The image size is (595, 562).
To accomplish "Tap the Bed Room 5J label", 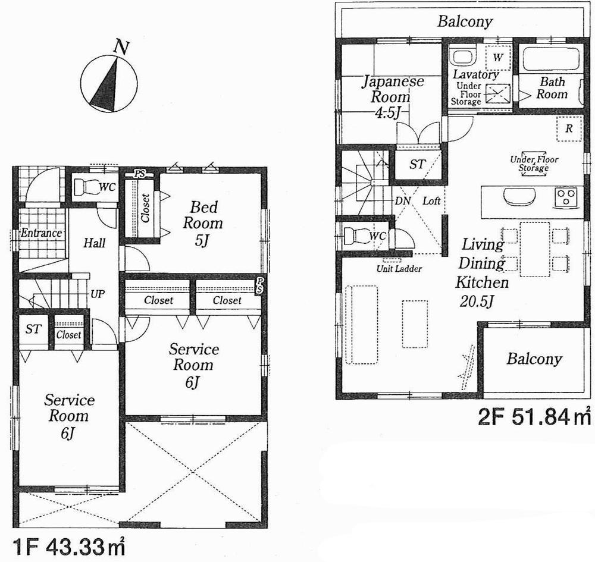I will pyautogui.click(x=202, y=224).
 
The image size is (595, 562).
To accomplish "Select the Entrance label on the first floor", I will pyautogui.click(x=41, y=233).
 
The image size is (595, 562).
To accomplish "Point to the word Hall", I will pyautogui.click(x=94, y=243).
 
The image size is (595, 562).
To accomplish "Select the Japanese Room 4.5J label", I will pyautogui.click(x=390, y=96).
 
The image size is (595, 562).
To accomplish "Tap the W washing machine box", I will pyautogui.click(x=499, y=57).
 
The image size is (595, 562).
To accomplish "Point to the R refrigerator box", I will pyautogui.click(x=569, y=128).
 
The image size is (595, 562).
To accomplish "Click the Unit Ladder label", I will pyautogui.click(x=399, y=269).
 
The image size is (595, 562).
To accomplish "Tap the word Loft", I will pyautogui.click(x=431, y=201).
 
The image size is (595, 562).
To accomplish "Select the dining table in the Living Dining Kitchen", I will pyautogui.click(x=534, y=249).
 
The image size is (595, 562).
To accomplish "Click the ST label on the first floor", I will pyautogui.click(x=33, y=329).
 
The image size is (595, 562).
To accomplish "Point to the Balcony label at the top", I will pyautogui.click(x=465, y=23).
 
